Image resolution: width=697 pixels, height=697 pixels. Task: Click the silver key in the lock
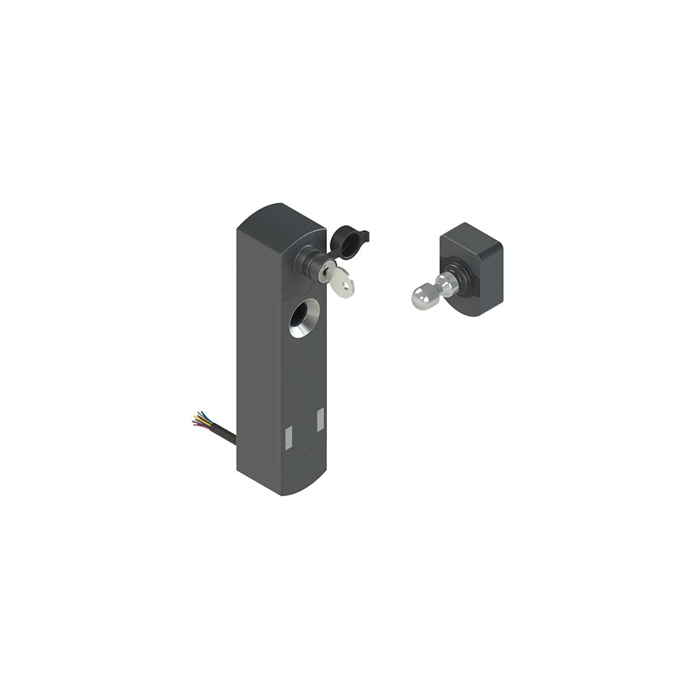tap(341, 282)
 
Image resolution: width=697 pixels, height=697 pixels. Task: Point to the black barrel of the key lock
tap(307, 261)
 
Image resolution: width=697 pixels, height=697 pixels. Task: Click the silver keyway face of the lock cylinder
tap(325, 273)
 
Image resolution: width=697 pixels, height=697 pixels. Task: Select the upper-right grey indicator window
tap(320, 420)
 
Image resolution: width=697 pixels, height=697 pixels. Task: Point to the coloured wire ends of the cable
tap(199, 420)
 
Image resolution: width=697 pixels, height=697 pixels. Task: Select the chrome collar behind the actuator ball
tap(446, 282)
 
